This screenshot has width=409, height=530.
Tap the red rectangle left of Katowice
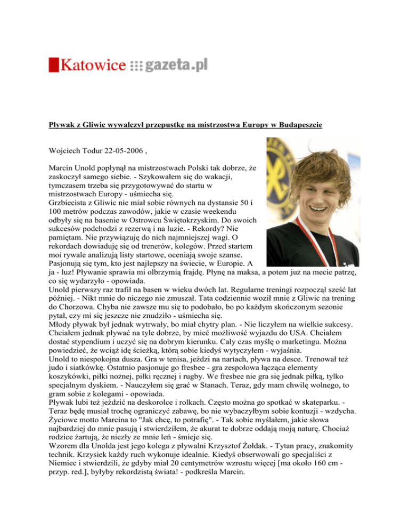(53, 65)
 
